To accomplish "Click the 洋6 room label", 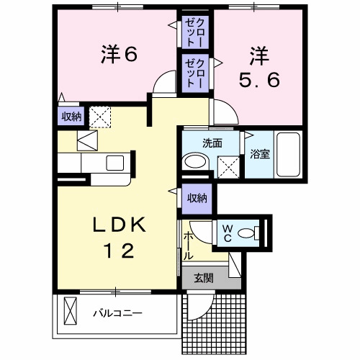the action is [119, 55].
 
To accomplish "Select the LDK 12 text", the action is [120, 237].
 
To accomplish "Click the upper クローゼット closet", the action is [194, 32].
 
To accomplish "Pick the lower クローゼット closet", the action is [194, 73].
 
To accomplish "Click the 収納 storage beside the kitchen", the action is [71, 117].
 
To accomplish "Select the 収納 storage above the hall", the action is [197, 199].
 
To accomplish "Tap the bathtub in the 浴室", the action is [288, 155].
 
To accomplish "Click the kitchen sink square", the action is [115, 163].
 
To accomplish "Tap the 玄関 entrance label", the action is [204, 279].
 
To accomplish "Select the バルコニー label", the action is [117, 313].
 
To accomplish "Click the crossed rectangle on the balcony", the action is [71, 311].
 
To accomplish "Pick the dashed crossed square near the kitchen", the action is [100, 117].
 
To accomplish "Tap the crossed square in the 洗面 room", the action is [228, 167].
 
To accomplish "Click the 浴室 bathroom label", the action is [260, 154].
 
